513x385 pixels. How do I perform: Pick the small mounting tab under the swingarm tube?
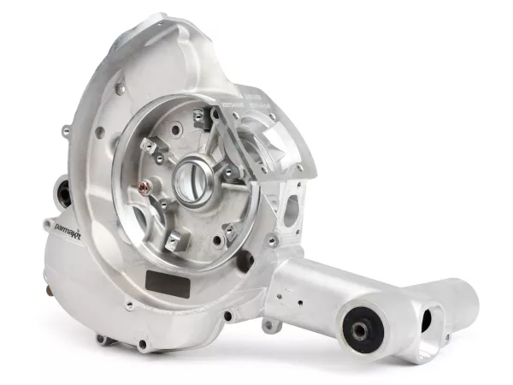pos(272,324)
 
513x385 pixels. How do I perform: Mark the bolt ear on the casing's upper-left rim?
pos(67,130)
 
